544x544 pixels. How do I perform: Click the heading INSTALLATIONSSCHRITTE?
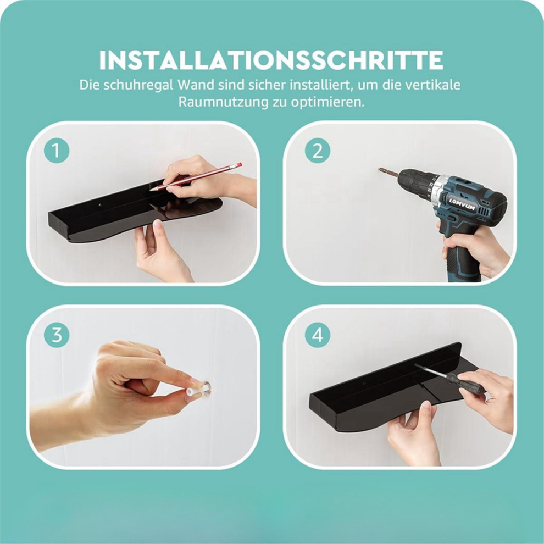point(271,60)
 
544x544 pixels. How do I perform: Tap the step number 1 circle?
point(57,151)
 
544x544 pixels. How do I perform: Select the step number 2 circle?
point(318,151)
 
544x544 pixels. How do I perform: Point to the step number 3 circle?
point(57,335)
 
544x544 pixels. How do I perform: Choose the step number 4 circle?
point(318,335)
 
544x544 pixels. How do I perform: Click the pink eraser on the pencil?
point(237,165)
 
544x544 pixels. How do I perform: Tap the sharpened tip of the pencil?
point(152,190)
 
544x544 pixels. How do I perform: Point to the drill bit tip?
point(380,170)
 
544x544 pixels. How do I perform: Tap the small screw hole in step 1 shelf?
point(99,205)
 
